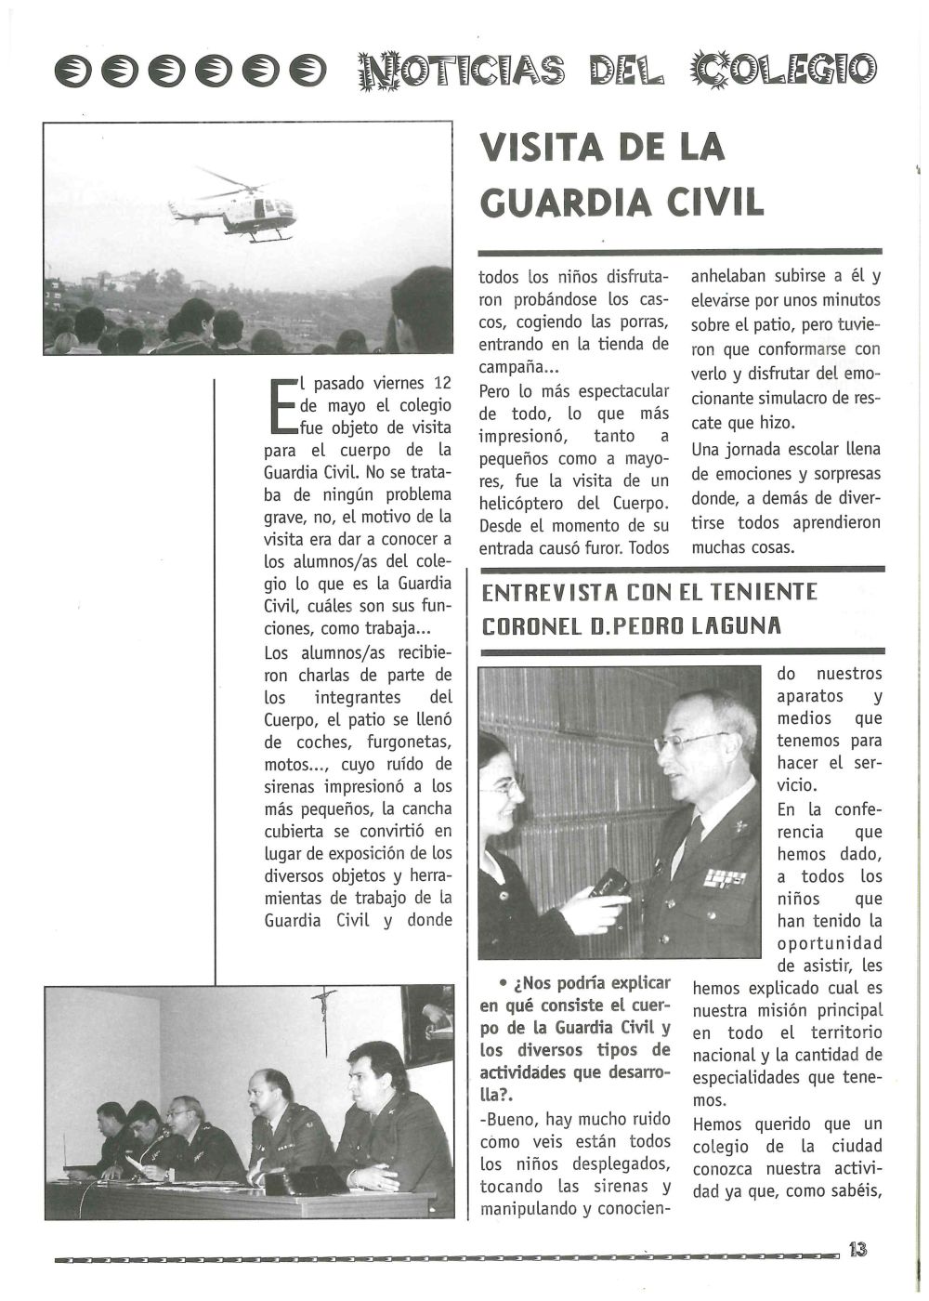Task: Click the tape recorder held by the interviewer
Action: tap(610, 884)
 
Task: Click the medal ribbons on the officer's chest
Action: tap(724, 877)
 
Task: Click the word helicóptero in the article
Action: tap(523, 504)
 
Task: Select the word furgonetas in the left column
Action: tap(406, 742)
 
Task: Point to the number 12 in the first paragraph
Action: tap(442, 383)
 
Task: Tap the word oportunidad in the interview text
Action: tap(830, 943)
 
